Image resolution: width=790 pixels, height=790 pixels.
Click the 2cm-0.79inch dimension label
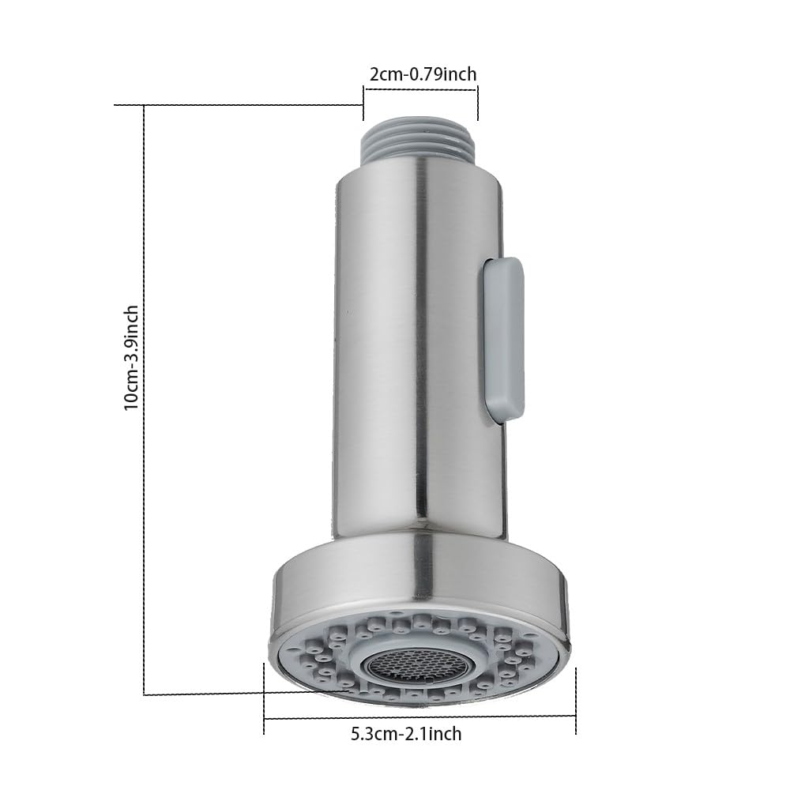tap(423, 74)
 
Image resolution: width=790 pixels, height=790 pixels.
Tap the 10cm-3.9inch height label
tap(131, 357)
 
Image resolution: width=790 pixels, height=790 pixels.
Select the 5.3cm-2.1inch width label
tap(406, 733)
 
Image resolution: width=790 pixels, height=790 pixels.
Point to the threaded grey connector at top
tap(420, 140)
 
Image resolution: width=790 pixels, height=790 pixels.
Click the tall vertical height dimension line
tap(144, 400)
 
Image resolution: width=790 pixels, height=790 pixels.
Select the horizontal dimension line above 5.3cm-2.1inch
tap(419, 716)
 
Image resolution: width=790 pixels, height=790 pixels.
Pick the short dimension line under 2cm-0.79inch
tap(421, 90)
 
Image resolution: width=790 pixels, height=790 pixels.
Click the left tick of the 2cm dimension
tap(363, 103)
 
